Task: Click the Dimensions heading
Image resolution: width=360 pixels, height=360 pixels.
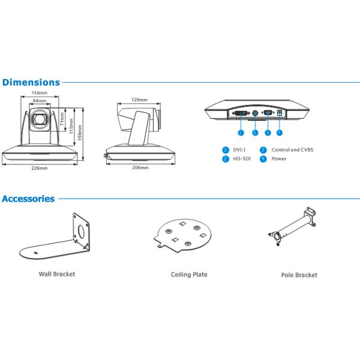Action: point(31,82)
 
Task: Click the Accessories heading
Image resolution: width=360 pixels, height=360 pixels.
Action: point(28,199)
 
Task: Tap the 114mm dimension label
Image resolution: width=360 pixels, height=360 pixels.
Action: point(40,93)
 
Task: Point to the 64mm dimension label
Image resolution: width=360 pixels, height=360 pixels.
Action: point(40,101)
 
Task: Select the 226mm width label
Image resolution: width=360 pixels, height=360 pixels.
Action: point(40,168)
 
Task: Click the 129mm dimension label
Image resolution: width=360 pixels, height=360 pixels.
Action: point(139,100)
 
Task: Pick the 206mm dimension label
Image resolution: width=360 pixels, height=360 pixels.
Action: point(140,167)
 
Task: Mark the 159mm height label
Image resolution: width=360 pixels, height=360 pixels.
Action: point(80,133)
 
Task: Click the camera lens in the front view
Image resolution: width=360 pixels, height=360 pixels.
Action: point(40,119)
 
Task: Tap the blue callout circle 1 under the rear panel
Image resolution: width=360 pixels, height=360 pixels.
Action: point(241,133)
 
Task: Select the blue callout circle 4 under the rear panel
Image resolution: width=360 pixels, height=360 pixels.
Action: point(280,133)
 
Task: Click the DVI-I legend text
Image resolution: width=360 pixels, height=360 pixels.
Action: point(239,150)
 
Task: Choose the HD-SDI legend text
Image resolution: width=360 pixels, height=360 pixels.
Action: point(242,158)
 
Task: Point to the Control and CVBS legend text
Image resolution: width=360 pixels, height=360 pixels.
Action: point(292,150)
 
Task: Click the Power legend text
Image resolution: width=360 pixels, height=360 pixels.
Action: point(279,158)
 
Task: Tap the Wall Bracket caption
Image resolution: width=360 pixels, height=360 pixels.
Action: point(57,274)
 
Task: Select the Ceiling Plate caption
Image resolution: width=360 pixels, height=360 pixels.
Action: point(189,275)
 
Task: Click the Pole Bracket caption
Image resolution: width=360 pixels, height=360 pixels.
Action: point(299,275)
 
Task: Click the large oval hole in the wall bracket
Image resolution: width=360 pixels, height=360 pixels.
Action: point(81,231)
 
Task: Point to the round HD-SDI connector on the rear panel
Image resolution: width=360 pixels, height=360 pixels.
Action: point(255,113)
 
